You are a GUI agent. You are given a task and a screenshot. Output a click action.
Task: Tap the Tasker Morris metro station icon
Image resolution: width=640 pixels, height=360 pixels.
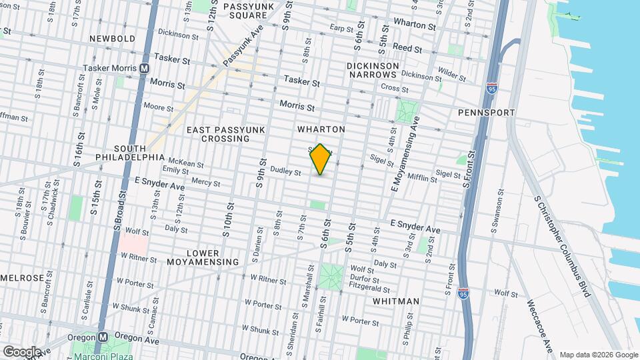coord(145,69)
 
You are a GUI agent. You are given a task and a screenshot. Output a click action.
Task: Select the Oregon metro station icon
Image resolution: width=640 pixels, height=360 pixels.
coord(103,337)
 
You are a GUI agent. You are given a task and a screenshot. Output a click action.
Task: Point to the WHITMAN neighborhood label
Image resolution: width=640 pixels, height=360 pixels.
coord(397,301)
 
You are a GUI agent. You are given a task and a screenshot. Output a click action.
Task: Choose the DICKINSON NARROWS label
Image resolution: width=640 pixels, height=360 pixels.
coord(373,71)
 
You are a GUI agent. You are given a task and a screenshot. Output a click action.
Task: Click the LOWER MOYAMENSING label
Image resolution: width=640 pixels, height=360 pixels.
coord(203,257)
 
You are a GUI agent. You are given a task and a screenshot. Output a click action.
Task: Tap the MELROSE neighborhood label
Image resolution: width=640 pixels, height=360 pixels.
coord(22,277)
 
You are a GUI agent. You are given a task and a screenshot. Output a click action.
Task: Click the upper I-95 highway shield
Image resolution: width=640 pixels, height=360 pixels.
coord(491,87)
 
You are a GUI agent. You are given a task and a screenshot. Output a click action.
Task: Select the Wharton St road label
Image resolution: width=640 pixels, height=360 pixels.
coord(414,24)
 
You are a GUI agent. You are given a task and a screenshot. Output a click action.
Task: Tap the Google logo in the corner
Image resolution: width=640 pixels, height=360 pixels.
coord(21,351)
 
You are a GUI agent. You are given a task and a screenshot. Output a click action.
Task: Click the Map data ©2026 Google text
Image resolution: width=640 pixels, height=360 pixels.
coord(598,355)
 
